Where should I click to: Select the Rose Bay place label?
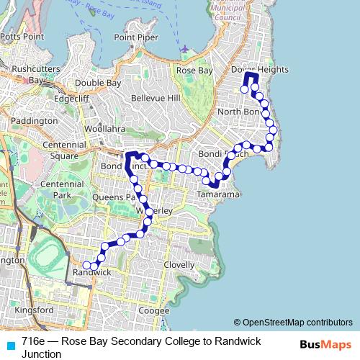click(194, 71)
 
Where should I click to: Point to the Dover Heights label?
click(260, 69)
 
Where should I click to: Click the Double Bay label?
click(98, 83)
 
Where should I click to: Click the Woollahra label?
click(104, 129)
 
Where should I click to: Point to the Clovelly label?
click(179, 264)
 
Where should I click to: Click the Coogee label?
click(153, 310)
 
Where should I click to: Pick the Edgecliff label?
click(71, 99)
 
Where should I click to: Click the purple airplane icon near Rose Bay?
click(186, 49)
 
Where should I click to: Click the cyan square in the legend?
click(10, 345)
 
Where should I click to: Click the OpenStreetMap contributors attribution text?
click(297, 323)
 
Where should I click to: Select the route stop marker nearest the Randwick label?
click(87, 265)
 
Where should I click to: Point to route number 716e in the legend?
click(33, 341)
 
